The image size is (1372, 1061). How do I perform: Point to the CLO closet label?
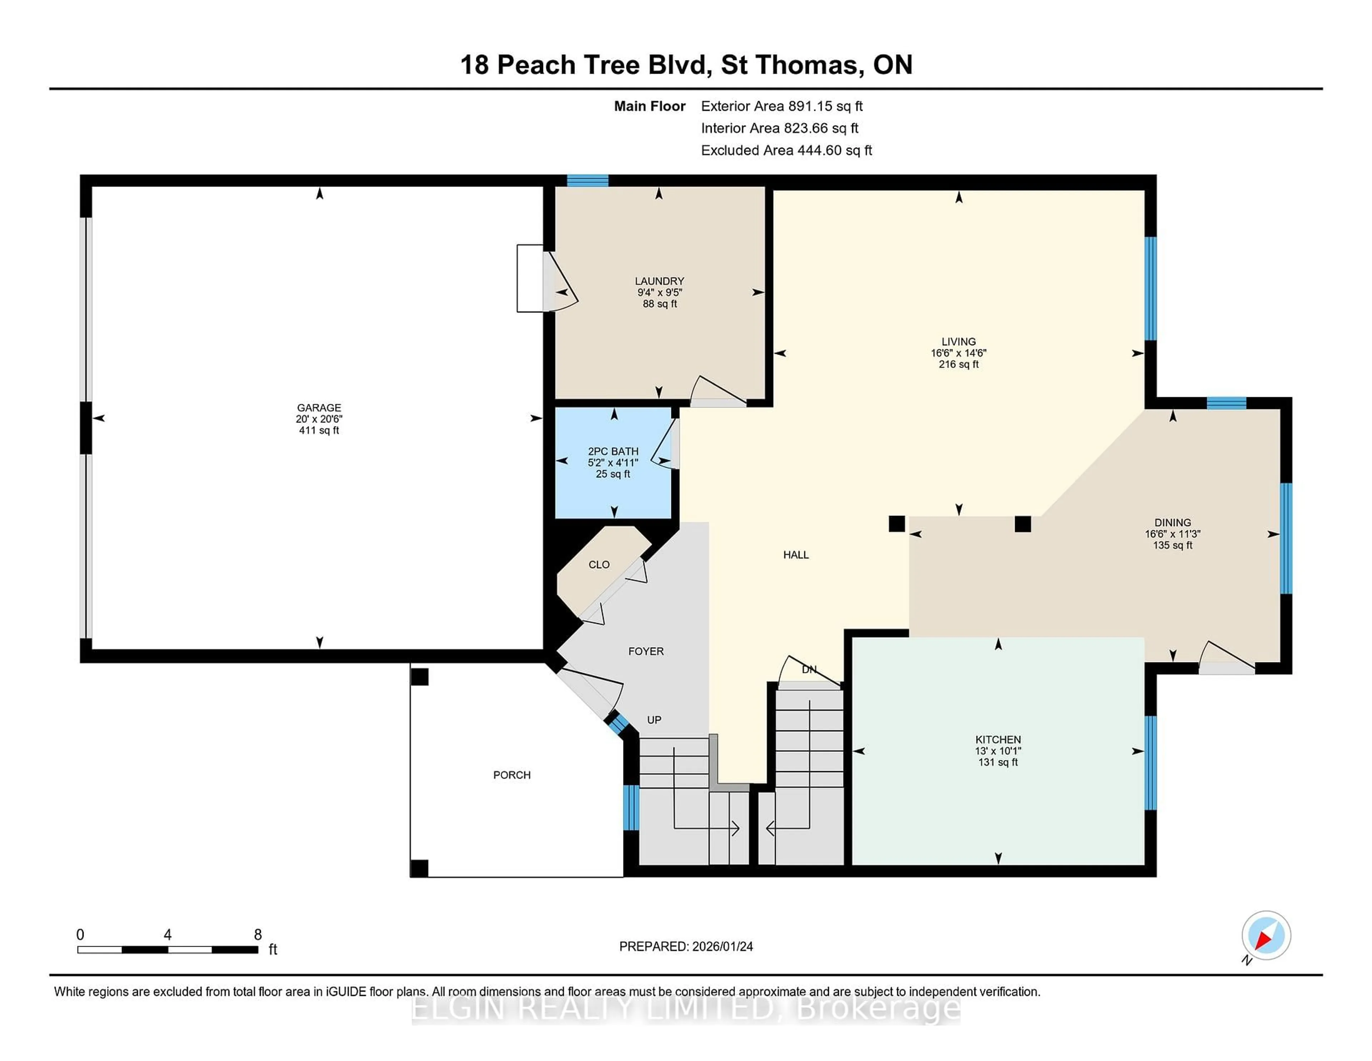pyautogui.click(x=599, y=564)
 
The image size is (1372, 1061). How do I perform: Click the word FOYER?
pyautogui.click(x=646, y=651)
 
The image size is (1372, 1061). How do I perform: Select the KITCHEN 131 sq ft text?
pyautogui.click(x=998, y=762)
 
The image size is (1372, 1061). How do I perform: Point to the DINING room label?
pyautogui.click(x=1172, y=522)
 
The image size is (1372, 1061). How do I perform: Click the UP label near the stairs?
pyautogui.click(x=654, y=720)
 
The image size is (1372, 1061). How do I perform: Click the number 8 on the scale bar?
pyautogui.click(x=258, y=935)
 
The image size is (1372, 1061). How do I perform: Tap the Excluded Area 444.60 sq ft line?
pyautogui.click(x=786, y=150)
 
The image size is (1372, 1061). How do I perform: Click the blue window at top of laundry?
pyautogui.click(x=587, y=181)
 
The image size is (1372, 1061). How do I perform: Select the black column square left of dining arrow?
pyautogui.click(x=896, y=524)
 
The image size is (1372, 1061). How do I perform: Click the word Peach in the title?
pyautogui.click(x=536, y=65)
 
